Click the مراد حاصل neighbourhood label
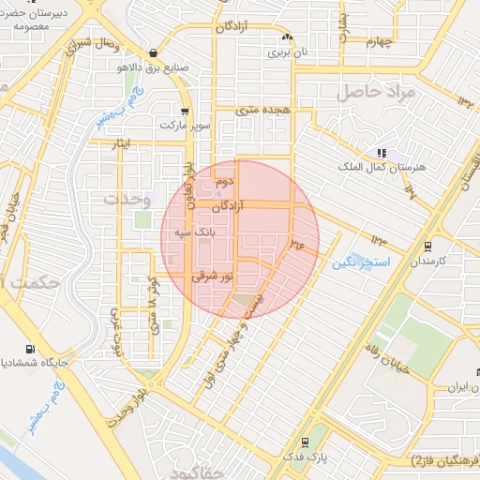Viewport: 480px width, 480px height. (374, 92)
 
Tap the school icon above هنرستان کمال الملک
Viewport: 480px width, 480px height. (381, 152)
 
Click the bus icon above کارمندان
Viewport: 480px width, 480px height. (427, 247)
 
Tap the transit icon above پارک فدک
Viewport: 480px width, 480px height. (305, 442)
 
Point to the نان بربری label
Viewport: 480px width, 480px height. (287, 52)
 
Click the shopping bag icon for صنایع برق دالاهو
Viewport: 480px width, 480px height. (153, 52)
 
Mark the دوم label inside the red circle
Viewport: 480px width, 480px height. (223, 180)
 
